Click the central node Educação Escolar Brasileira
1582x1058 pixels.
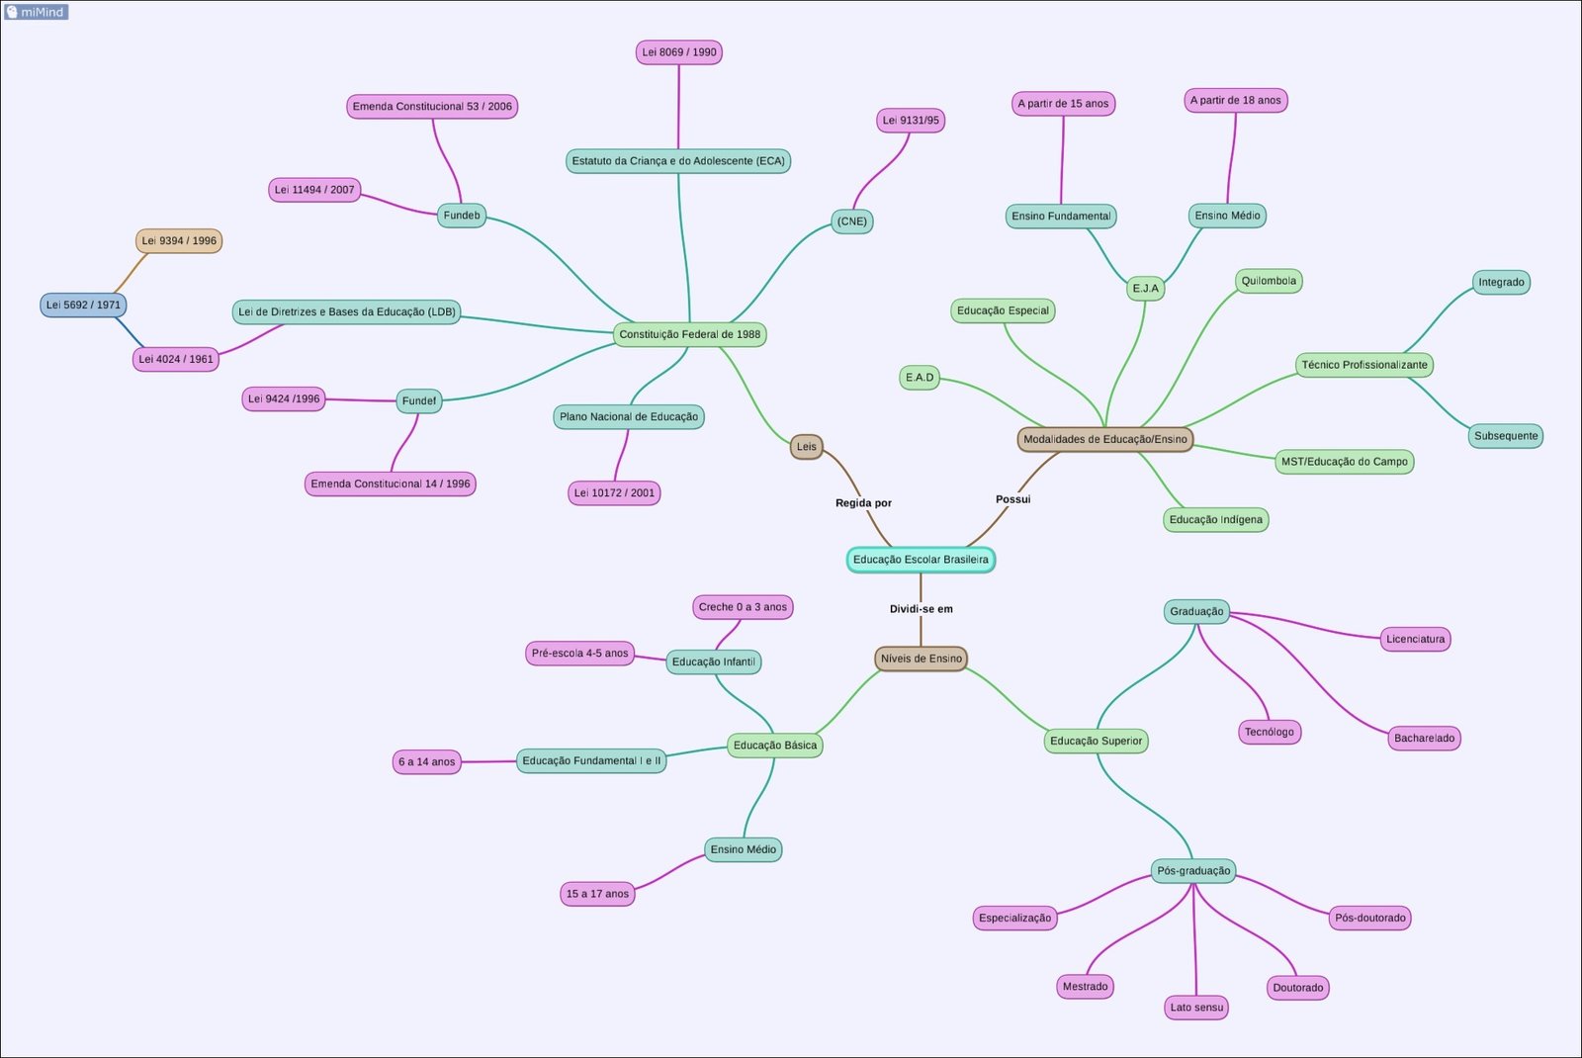coord(920,560)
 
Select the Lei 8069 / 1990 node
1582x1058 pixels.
coord(678,52)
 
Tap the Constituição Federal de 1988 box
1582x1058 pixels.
coord(689,334)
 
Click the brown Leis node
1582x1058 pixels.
coord(806,447)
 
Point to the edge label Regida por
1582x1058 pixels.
coord(863,503)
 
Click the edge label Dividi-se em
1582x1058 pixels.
coord(921,609)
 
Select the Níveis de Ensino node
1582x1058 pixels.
coord(921,659)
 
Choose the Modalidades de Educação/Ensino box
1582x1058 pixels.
coord(1104,439)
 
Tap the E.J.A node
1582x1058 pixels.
coord(1145,289)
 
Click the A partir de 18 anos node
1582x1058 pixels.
coord(1235,101)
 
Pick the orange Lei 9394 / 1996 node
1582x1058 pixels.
coord(179,241)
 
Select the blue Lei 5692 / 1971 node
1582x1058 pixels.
coord(83,305)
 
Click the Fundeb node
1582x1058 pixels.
coord(462,216)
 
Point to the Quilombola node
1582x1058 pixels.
coord(1269,281)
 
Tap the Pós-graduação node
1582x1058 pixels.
coord(1193,871)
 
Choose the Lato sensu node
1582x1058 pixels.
coord(1196,1008)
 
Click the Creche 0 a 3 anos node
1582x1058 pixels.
coord(743,607)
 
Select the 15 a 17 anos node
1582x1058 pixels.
coord(597,894)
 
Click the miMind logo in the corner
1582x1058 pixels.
coord(36,12)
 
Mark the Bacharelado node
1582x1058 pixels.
coord(1424,739)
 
